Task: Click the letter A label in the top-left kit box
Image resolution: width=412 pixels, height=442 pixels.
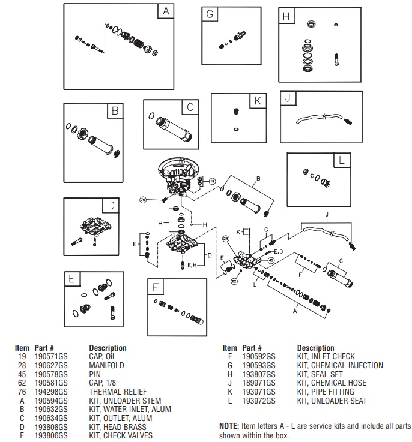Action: [x=166, y=11]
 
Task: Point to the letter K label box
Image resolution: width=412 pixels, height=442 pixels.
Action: [x=258, y=101]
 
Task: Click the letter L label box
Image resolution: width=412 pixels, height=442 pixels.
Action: [x=341, y=160]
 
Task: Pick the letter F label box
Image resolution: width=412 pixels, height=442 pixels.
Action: [x=156, y=287]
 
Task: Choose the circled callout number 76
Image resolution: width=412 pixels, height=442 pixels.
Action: [x=143, y=199]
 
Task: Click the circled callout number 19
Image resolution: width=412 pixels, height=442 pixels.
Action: [x=211, y=181]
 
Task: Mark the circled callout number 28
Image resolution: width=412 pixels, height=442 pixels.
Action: [x=226, y=239]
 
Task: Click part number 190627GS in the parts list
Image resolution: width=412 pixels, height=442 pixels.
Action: [x=46, y=365]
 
